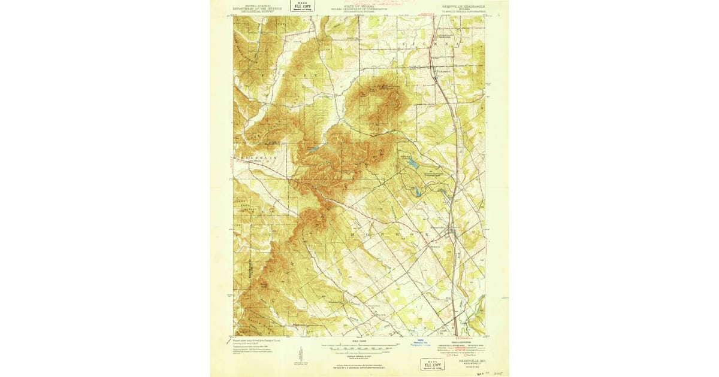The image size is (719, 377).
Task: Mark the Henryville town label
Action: [438, 226]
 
